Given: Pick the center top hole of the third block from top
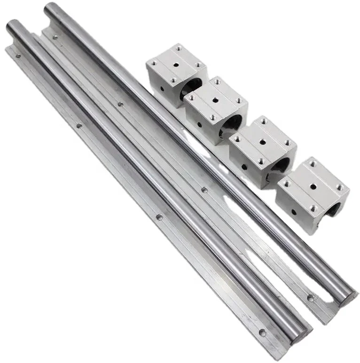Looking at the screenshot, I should [x=261, y=141].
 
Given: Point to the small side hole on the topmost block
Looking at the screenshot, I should [x=162, y=88].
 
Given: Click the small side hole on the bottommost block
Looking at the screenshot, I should [x=294, y=212].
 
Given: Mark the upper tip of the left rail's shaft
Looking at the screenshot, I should [x=12, y=24].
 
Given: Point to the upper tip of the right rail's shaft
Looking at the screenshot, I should [x=49, y=8].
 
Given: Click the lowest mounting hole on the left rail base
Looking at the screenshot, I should [x=262, y=332].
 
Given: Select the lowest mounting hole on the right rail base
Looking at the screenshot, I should [x=311, y=297].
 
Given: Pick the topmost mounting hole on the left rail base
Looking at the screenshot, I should [x=18, y=55].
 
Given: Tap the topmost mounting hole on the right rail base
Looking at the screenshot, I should [x=55, y=37].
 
